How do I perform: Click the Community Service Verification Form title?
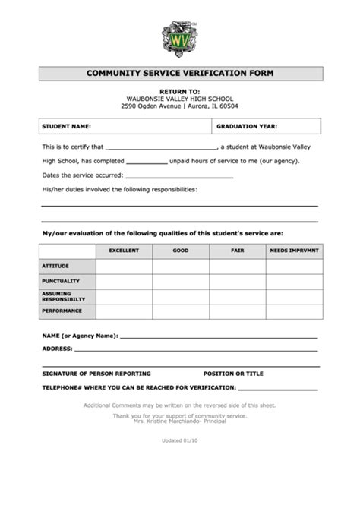tap(180, 74)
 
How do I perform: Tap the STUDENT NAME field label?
tap(67, 126)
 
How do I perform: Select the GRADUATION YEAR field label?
tap(246, 126)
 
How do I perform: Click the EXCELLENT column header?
tap(124, 251)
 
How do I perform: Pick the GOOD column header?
tap(181, 251)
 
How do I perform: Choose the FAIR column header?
tap(237, 251)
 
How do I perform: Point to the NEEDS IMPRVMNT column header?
tap(294, 251)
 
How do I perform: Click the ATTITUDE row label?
tap(55, 266)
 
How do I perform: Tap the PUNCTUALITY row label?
tap(61, 282)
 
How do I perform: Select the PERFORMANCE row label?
tap(61, 311)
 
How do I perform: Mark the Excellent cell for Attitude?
tap(124, 266)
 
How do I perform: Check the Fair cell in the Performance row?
tap(237, 311)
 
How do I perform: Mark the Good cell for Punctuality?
tap(181, 282)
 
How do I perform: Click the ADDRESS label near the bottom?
tap(58, 349)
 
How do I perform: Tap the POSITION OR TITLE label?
tap(233, 374)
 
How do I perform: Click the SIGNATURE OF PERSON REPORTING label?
tap(96, 374)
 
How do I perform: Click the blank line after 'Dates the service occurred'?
tap(188, 176)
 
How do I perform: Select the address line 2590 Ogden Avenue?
tap(180, 106)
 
